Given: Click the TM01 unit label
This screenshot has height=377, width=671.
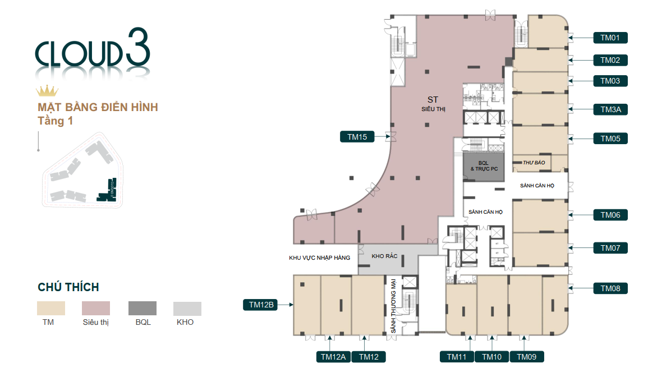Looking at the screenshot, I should click(x=610, y=38).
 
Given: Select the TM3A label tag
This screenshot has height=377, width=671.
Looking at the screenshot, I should click(x=610, y=109).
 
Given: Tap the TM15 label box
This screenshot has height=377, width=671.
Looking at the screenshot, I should click(x=357, y=136).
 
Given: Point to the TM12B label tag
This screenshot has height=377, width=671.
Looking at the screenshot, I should click(x=261, y=305).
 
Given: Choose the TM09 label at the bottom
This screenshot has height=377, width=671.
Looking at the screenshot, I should click(x=527, y=356).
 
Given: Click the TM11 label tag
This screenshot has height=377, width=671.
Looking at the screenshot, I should click(x=457, y=356).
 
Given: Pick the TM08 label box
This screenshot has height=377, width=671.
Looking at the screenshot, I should click(x=610, y=288).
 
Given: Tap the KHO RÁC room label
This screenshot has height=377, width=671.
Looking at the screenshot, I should click(x=384, y=256).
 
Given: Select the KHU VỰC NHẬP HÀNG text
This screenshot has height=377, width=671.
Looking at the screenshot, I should click(x=319, y=258).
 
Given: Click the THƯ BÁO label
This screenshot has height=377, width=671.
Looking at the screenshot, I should click(x=534, y=163).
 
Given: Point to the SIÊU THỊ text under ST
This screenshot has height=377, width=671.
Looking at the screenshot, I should click(x=433, y=109).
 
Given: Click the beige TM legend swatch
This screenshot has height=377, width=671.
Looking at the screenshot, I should click(x=51, y=308).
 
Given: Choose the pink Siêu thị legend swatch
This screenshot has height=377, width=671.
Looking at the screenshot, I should click(x=96, y=308).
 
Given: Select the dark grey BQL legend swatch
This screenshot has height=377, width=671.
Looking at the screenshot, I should click(x=143, y=308).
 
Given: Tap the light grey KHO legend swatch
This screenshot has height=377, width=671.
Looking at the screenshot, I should click(x=187, y=308).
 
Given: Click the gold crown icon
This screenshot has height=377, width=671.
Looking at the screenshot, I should click(x=47, y=91).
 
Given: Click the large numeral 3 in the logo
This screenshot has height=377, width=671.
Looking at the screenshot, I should click(x=137, y=49).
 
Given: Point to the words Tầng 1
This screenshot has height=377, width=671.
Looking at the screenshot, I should click(x=56, y=121).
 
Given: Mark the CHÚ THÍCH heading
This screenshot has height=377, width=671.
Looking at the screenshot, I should click(x=68, y=287).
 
